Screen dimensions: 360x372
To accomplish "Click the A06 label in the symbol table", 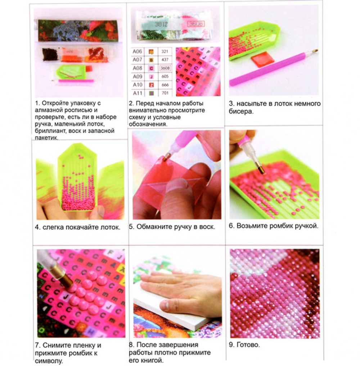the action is pos(137,51).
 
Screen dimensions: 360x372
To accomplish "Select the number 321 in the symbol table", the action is pos(165,51).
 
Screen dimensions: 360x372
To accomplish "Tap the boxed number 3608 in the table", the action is pos(165,68).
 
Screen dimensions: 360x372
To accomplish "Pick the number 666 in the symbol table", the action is pos(165,85).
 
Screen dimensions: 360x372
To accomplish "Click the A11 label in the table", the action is pos(138,93).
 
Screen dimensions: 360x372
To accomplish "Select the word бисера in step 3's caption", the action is pos(241,111).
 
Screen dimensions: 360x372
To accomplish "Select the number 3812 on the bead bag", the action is pos(161,24).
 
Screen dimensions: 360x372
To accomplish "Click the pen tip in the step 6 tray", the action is pos(261,169).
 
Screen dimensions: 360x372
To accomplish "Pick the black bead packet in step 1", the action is pos(50,54).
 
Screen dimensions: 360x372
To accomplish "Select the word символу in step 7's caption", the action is pos(49,361).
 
